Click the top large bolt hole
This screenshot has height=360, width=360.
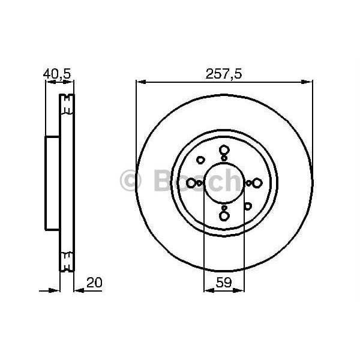coord(224,150)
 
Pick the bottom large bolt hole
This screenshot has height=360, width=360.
coord(224,215)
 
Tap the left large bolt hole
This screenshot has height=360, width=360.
coord(191,183)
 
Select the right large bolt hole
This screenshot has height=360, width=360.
coord(257,183)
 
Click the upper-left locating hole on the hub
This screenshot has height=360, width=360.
coord(200,160)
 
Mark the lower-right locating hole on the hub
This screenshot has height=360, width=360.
coord(247,206)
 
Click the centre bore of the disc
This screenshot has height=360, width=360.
coord(224,183)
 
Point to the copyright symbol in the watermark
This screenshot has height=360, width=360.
coord(130,181)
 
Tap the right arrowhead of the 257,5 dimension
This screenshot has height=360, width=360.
coord(308,82)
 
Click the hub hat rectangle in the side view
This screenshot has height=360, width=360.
coord(53,183)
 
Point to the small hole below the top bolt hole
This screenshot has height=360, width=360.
coord(224,158)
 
